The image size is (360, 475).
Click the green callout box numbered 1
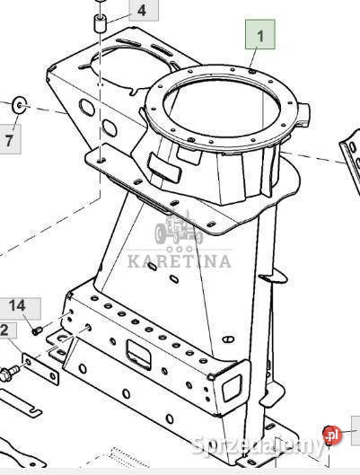261,37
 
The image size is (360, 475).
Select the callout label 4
142,12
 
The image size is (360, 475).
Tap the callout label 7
10,140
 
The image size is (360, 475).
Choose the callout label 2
5,331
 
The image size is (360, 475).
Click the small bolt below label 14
38,330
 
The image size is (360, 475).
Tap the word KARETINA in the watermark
179,261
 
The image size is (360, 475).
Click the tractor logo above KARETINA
178,233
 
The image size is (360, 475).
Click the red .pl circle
333,435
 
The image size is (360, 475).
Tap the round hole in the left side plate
86,109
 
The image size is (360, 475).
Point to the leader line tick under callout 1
255,60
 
